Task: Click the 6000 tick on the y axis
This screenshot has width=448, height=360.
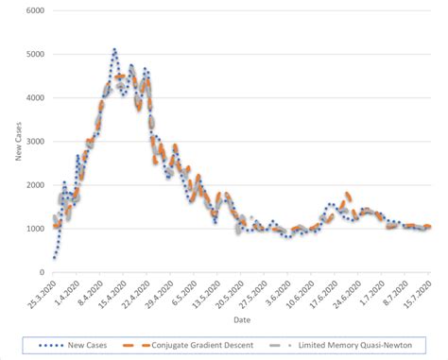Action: [x=35, y=10]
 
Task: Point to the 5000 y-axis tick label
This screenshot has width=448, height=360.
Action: [x=35, y=54]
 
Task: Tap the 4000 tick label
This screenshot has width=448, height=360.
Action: [x=35, y=97]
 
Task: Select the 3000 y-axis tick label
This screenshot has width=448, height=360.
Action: [x=35, y=141]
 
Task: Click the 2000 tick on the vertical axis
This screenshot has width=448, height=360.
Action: [x=35, y=184]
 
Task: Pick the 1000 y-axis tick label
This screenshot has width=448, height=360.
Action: [x=35, y=228]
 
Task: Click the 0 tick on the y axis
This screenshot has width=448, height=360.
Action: [x=42, y=272]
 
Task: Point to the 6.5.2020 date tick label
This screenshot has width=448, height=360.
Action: [x=181, y=291]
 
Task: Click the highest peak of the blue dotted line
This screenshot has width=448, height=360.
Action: [x=113, y=49]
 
